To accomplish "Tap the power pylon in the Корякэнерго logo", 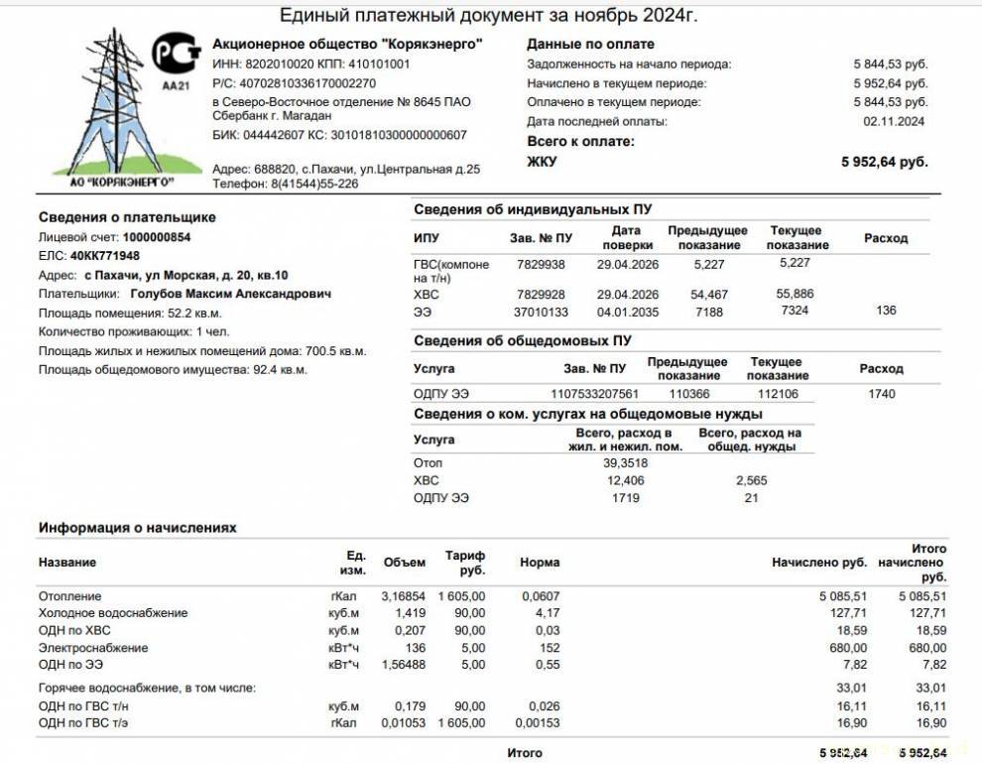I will (x=110, y=109).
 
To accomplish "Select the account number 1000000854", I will (x=157, y=238).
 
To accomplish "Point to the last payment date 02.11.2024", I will (x=894, y=121).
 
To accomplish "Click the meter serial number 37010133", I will (x=542, y=311).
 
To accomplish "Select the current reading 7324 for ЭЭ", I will (x=795, y=311).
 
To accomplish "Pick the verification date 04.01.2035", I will (x=628, y=311).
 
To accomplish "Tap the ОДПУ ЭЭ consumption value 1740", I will (x=880, y=394).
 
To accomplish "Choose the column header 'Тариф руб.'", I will (x=465, y=563).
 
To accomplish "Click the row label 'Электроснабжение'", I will (x=93, y=648).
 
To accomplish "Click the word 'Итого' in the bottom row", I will (x=525, y=753).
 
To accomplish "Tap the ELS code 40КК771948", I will (x=105, y=256).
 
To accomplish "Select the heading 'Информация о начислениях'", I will (x=138, y=528).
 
